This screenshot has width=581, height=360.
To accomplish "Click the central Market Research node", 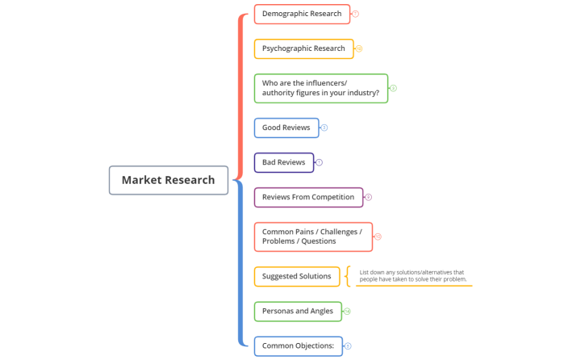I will [168, 180].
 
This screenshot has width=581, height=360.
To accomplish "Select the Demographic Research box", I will [301, 14].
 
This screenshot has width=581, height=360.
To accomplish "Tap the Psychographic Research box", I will [303, 48].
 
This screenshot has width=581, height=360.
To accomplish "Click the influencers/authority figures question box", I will [320, 88].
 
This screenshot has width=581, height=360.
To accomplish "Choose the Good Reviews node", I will [286, 128].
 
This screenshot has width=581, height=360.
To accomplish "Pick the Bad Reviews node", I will [283, 162].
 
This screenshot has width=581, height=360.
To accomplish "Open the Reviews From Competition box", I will [308, 197].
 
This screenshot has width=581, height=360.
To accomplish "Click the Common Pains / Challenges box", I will [312, 237].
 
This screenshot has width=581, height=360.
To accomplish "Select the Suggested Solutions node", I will [296, 276].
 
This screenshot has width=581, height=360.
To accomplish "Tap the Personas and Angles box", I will [297, 312].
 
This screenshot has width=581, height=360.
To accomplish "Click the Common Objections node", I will [298, 346].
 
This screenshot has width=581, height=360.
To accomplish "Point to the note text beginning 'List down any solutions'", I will [412, 276].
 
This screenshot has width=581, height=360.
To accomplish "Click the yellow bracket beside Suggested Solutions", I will [348, 276].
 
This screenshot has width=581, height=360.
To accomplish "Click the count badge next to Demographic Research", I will [356, 14].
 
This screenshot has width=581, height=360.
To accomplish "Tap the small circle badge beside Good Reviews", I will [324, 128].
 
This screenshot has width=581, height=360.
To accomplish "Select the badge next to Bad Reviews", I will [320, 162].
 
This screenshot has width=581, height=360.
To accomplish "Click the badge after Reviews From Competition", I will [369, 197].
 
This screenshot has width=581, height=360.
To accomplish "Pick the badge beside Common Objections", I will [348, 346].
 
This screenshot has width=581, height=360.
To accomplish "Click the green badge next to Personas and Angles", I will [347, 312].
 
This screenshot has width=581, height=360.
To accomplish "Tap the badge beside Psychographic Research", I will [359, 48].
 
